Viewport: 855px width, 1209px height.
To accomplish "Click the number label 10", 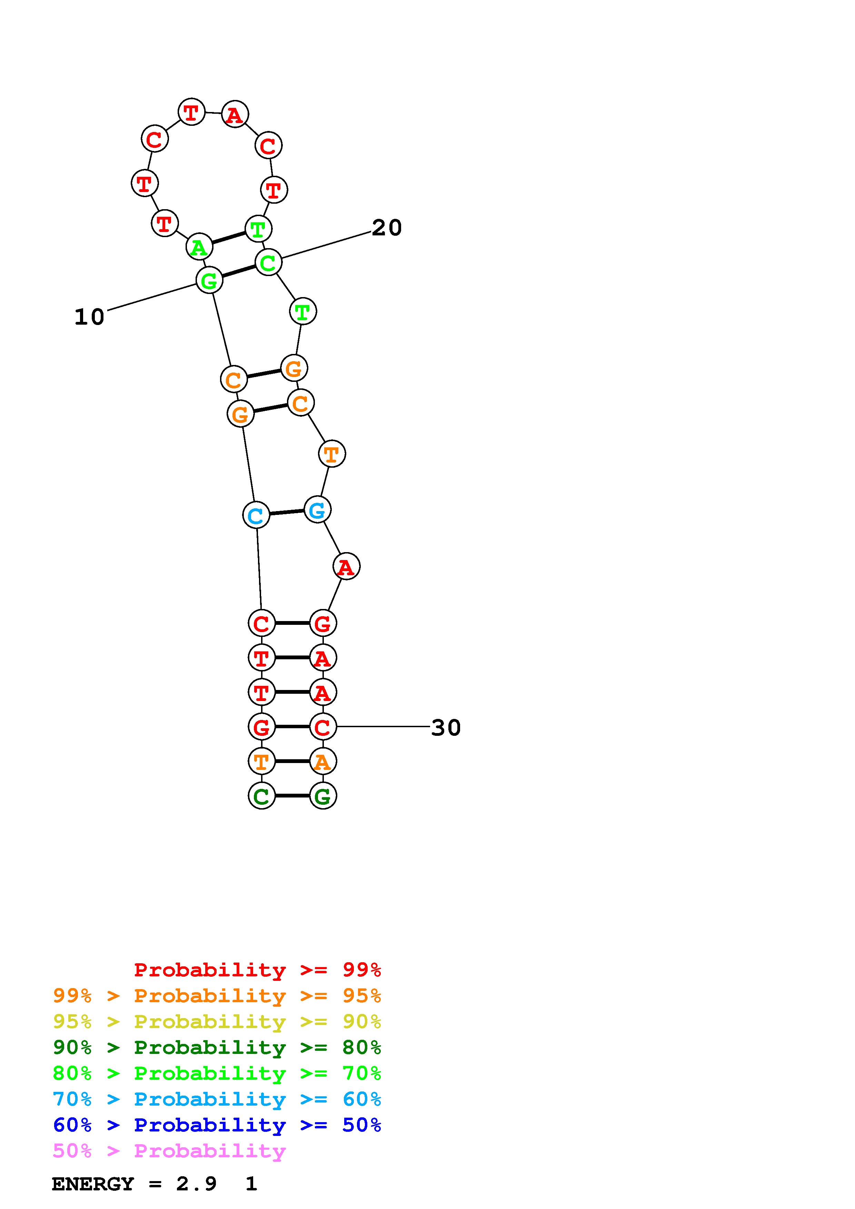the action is point(90,317).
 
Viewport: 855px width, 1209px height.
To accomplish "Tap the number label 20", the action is point(387,228).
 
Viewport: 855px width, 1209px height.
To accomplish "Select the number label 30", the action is point(446,728).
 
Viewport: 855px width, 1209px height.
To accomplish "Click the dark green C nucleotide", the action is point(262,796).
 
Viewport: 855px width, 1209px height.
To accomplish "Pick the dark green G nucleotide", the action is point(323,796).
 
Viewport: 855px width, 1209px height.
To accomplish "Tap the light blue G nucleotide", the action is point(317,510).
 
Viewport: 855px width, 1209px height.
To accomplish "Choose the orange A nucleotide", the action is point(323,761).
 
